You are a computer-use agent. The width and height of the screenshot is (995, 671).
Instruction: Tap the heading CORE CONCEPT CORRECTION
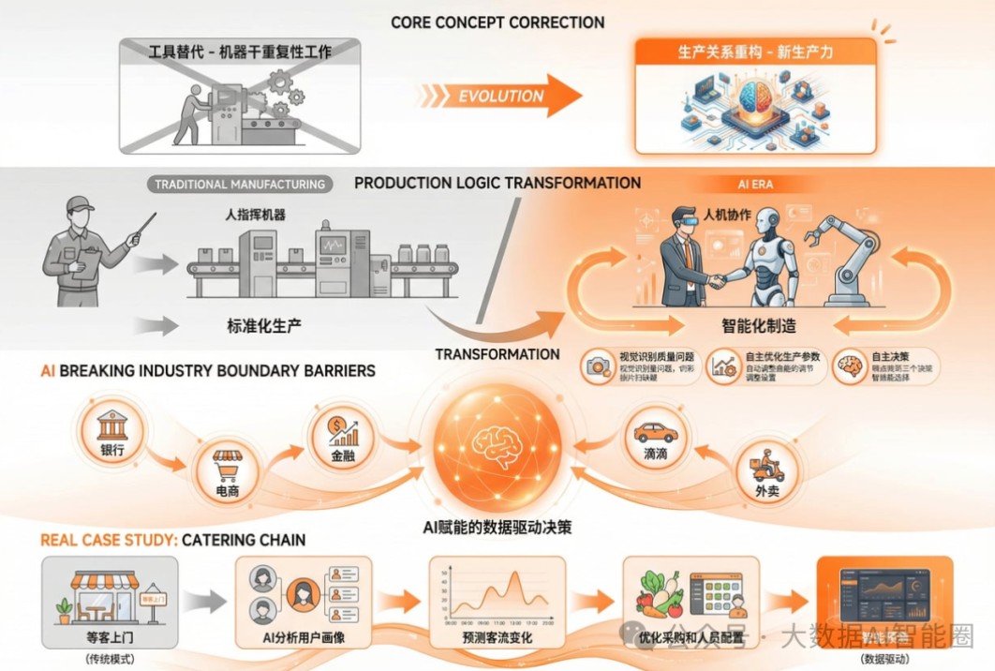point(497,22)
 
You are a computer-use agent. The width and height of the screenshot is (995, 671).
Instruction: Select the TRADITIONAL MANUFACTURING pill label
point(240,185)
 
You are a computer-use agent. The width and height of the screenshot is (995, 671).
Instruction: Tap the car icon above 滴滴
point(655,433)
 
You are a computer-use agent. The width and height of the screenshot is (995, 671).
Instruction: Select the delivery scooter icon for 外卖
point(767,465)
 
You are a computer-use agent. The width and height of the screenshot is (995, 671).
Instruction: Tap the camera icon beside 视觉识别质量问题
point(597,366)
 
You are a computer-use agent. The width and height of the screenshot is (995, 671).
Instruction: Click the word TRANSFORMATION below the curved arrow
point(497,354)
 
